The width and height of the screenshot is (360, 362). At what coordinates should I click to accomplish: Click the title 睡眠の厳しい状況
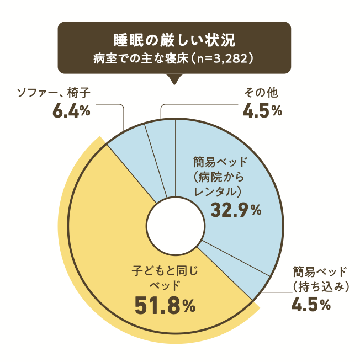(174, 40)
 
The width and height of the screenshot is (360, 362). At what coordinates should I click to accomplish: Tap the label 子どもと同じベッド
(165, 279)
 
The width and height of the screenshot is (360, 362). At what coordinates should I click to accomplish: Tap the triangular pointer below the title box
(174, 79)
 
